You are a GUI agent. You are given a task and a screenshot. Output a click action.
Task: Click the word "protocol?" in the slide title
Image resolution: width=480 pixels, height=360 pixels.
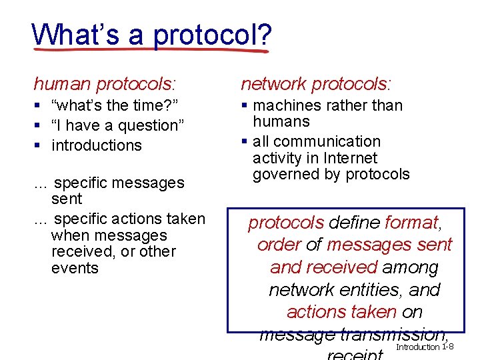pyautogui.click(x=211, y=34)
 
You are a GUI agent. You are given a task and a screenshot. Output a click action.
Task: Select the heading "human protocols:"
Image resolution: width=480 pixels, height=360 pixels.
pyautogui.click(x=105, y=84)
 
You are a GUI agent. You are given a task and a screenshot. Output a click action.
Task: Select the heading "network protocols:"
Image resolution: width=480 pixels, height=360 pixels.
pyautogui.click(x=316, y=84)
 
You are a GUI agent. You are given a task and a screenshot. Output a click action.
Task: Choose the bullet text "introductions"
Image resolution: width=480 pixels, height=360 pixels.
pyautogui.click(x=97, y=145)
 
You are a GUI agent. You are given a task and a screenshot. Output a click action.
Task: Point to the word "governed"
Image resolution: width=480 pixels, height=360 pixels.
pyautogui.click(x=286, y=175)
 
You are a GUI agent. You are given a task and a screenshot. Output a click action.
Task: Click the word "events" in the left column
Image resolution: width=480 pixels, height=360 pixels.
pyautogui.click(x=74, y=268)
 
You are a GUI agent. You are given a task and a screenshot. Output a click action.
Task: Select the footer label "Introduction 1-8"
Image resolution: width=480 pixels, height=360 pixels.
pyautogui.click(x=425, y=347)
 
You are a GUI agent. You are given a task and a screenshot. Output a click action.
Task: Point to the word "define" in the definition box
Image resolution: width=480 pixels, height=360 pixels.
pyautogui.click(x=355, y=222)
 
